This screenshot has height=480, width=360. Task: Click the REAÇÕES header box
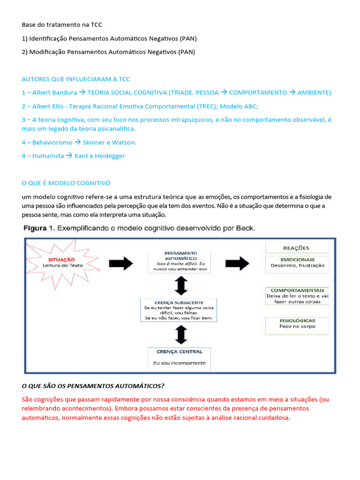point(297,248)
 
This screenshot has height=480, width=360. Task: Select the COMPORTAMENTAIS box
point(297,296)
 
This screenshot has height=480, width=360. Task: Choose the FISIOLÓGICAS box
point(297,323)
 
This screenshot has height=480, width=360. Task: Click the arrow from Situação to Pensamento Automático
point(121,264)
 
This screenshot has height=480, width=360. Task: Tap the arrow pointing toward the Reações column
point(237,264)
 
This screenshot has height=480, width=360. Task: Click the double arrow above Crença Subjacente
point(180,285)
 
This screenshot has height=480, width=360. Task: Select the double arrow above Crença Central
point(180,334)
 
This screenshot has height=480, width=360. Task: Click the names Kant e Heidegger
point(100,156)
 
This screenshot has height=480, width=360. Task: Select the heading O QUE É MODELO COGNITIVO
point(66,183)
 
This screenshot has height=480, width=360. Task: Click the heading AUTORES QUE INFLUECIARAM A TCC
point(76,79)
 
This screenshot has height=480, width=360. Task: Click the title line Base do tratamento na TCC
point(62,24)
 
